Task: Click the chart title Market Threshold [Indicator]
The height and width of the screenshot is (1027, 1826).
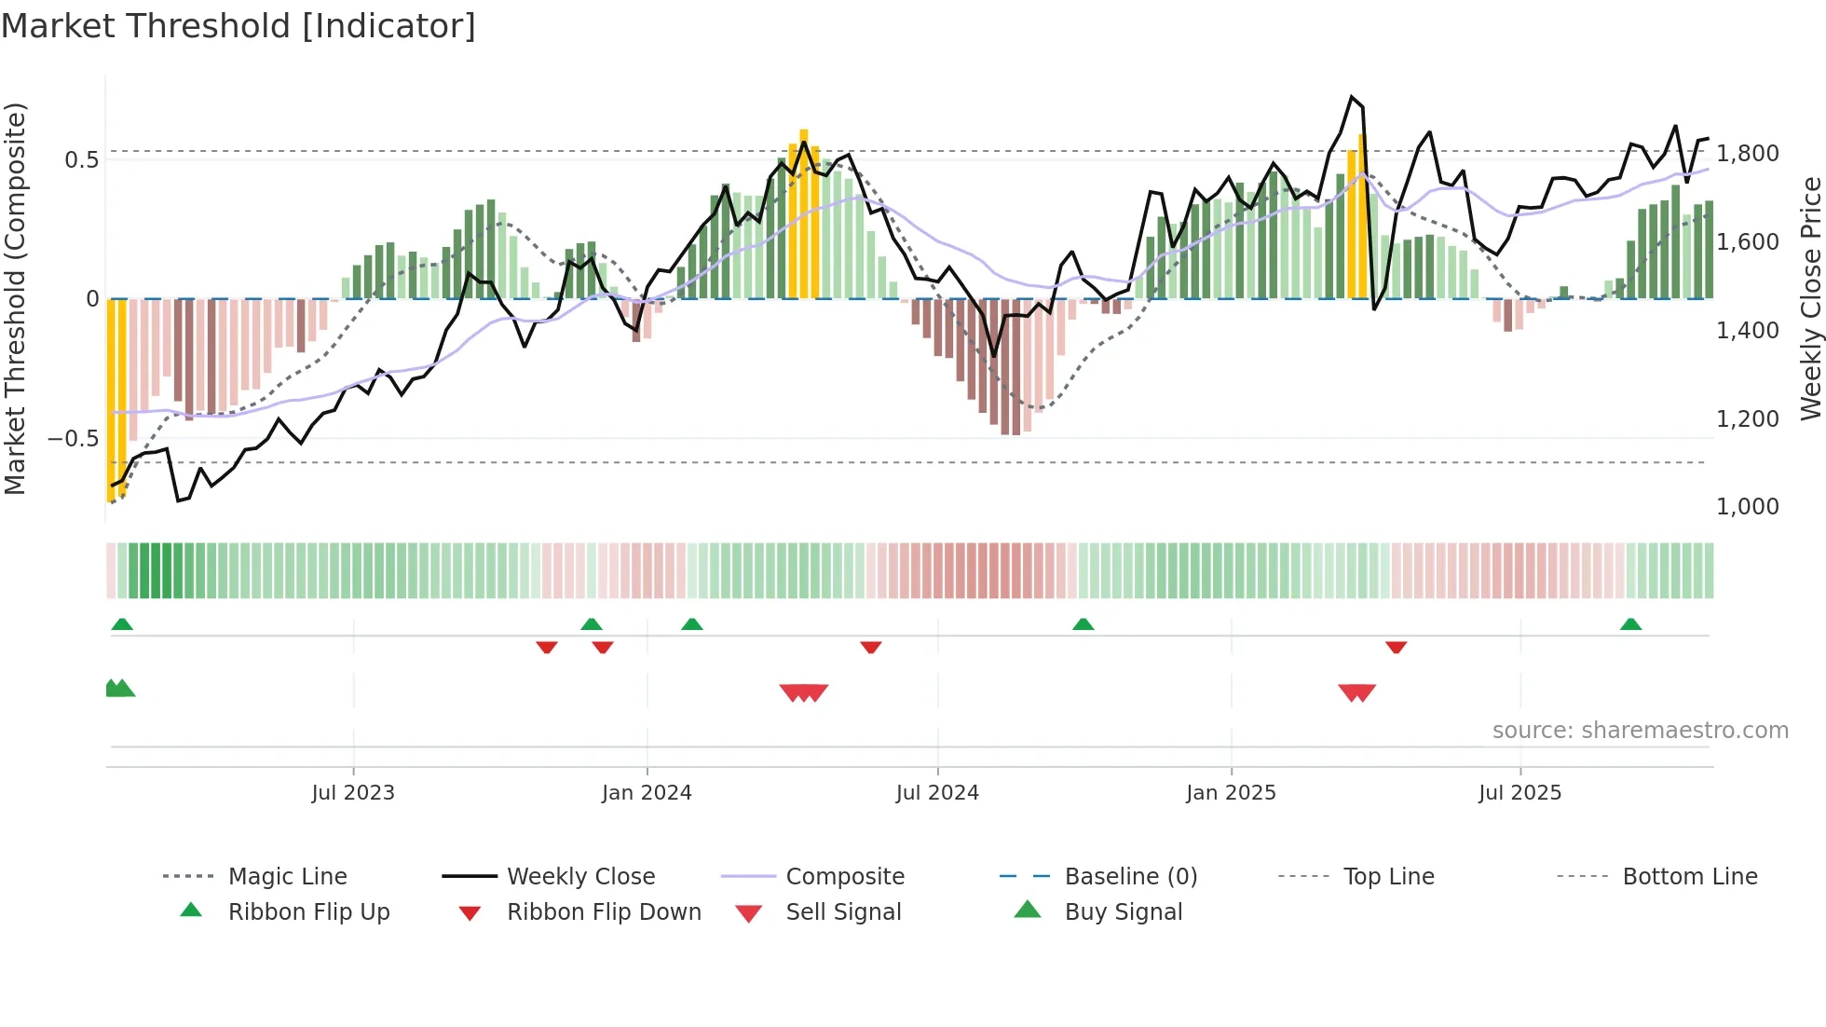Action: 238,26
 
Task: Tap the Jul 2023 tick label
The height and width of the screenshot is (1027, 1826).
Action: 353,793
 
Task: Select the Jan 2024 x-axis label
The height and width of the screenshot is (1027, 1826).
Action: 647,793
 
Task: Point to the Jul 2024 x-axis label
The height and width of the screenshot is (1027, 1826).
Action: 937,793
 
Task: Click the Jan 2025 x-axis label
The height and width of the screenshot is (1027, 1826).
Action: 1231,793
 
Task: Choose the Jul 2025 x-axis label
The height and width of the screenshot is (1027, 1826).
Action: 1519,793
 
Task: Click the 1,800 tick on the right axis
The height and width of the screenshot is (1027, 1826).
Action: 1747,153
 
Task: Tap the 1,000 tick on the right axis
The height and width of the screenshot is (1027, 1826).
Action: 1747,507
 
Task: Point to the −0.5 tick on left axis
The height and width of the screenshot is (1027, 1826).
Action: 73,439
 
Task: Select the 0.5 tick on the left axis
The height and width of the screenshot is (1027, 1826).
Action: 81,160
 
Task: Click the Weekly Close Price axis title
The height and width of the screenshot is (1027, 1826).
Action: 1810,298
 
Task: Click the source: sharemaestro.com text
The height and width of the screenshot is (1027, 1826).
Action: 1640,731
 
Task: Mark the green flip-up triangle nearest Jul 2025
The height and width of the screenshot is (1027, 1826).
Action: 1630,624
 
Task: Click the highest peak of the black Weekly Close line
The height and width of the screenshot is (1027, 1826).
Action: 1351,97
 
